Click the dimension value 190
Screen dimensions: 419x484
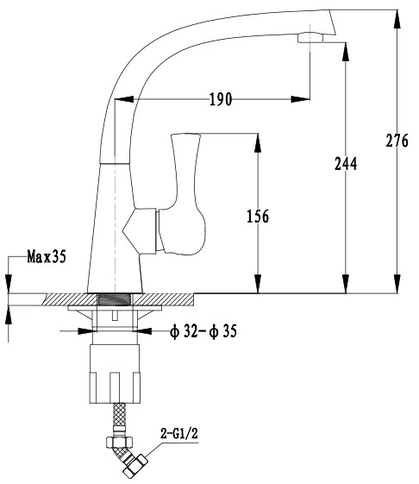tap(221, 99)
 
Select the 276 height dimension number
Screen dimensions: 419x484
tap(397, 141)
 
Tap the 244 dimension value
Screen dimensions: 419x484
tap(346, 164)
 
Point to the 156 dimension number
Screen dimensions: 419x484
tap(258, 216)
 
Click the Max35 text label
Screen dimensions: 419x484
tap(47, 256)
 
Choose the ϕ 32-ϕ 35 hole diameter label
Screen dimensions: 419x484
tap(203, 331)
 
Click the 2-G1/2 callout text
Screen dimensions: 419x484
tap(179, 434)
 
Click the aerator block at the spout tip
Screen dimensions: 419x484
tap(310, 38)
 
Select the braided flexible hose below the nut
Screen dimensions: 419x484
tap(119, 414)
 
